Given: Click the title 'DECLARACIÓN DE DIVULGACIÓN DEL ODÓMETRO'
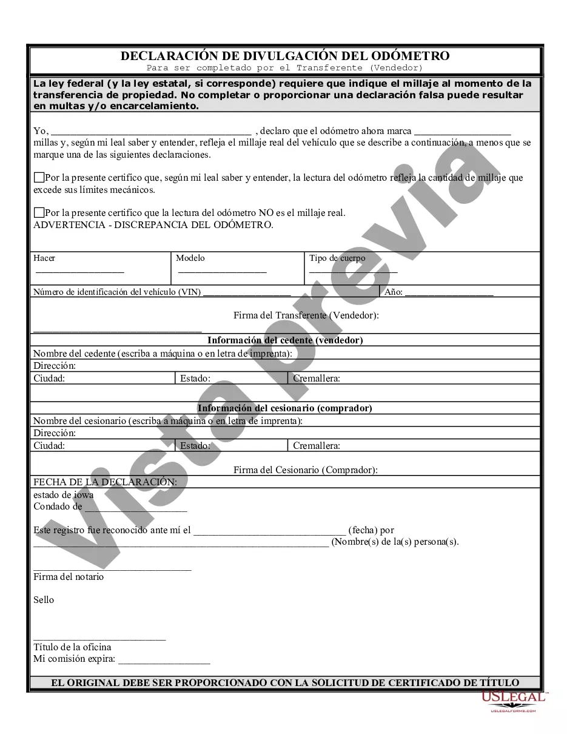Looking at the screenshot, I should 285,56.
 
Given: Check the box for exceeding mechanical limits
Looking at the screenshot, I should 39,178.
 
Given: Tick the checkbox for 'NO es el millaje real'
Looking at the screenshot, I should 39,213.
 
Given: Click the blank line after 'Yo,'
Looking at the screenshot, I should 151,131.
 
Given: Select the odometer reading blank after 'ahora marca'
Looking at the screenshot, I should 463,131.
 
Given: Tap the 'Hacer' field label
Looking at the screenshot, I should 44,258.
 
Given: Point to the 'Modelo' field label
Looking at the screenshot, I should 190,258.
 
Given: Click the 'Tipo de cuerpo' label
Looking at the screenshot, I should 337,258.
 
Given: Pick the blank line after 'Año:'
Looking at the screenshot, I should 449,292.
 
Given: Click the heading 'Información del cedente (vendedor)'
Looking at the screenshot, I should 285,340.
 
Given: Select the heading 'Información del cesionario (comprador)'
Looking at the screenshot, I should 285,408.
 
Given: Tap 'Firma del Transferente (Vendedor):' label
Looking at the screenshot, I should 306,315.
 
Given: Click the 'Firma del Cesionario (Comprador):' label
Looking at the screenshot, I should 306,470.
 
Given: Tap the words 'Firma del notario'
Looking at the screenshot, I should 69,577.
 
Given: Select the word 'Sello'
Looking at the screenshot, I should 44,600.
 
